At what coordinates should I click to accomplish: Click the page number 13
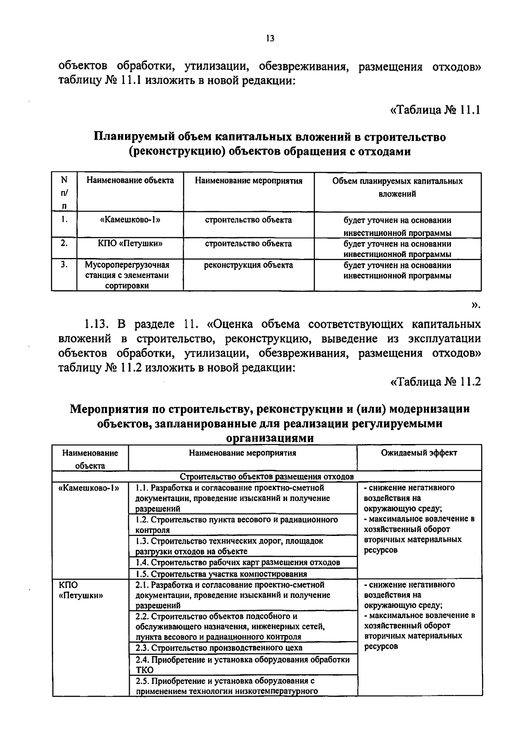[x=270, y=38]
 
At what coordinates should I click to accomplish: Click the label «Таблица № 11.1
[x=435, y=110]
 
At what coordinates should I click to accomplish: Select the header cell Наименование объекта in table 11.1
[x=130, y=180]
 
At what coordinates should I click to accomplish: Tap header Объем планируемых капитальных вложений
[x=397, y=187]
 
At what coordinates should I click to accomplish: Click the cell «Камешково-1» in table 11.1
[x=130, y=220]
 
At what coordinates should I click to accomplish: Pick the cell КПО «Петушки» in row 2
[x=130, y=243]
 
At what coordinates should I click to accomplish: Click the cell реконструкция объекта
[x=248, y=265]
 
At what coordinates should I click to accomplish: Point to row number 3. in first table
[x=64, y=264]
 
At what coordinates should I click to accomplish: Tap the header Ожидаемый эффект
[x=419, y=453]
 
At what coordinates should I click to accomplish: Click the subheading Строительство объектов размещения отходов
[x=267, y=477]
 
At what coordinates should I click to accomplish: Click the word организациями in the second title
[x=270, y=438]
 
